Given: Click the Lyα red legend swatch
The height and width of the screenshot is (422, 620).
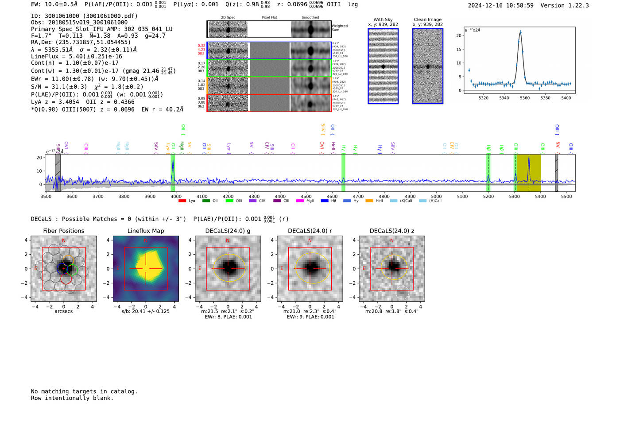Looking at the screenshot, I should pos(182,201).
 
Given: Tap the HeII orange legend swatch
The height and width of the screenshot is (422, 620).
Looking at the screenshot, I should pos(369,201).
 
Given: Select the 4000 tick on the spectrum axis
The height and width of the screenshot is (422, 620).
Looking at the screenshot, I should pos(176,196).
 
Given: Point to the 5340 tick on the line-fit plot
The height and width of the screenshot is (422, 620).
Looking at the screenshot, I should pos(504,98).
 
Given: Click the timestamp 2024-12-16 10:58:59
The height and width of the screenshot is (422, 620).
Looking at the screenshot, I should pos(500,5).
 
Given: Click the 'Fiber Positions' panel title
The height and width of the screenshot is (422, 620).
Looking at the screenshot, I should pos(63,231).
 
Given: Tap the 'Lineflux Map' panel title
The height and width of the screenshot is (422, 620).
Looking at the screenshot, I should pos(145,231).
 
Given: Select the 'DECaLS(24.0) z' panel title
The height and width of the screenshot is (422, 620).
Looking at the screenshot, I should pos(391,231).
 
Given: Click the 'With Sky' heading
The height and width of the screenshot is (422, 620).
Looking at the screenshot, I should pos(383,19).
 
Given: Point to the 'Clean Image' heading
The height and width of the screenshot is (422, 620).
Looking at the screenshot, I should pos(427,19).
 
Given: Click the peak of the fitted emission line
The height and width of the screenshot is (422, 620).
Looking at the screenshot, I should pos(520,32).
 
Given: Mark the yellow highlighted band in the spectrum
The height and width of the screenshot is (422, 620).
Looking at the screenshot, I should pos(529,173).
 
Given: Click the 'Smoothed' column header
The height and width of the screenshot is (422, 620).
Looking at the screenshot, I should pos(310,17).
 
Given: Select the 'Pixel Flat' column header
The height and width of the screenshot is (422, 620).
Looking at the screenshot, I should pos(269,17).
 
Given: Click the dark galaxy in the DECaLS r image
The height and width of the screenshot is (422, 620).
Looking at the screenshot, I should pos(310,267).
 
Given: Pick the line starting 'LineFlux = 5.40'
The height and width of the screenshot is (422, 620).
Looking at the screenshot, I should pos(77,56).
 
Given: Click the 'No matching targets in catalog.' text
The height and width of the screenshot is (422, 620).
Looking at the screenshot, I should pos(84,391).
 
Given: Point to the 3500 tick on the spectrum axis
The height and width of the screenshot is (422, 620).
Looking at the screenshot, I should pos(46,196).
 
